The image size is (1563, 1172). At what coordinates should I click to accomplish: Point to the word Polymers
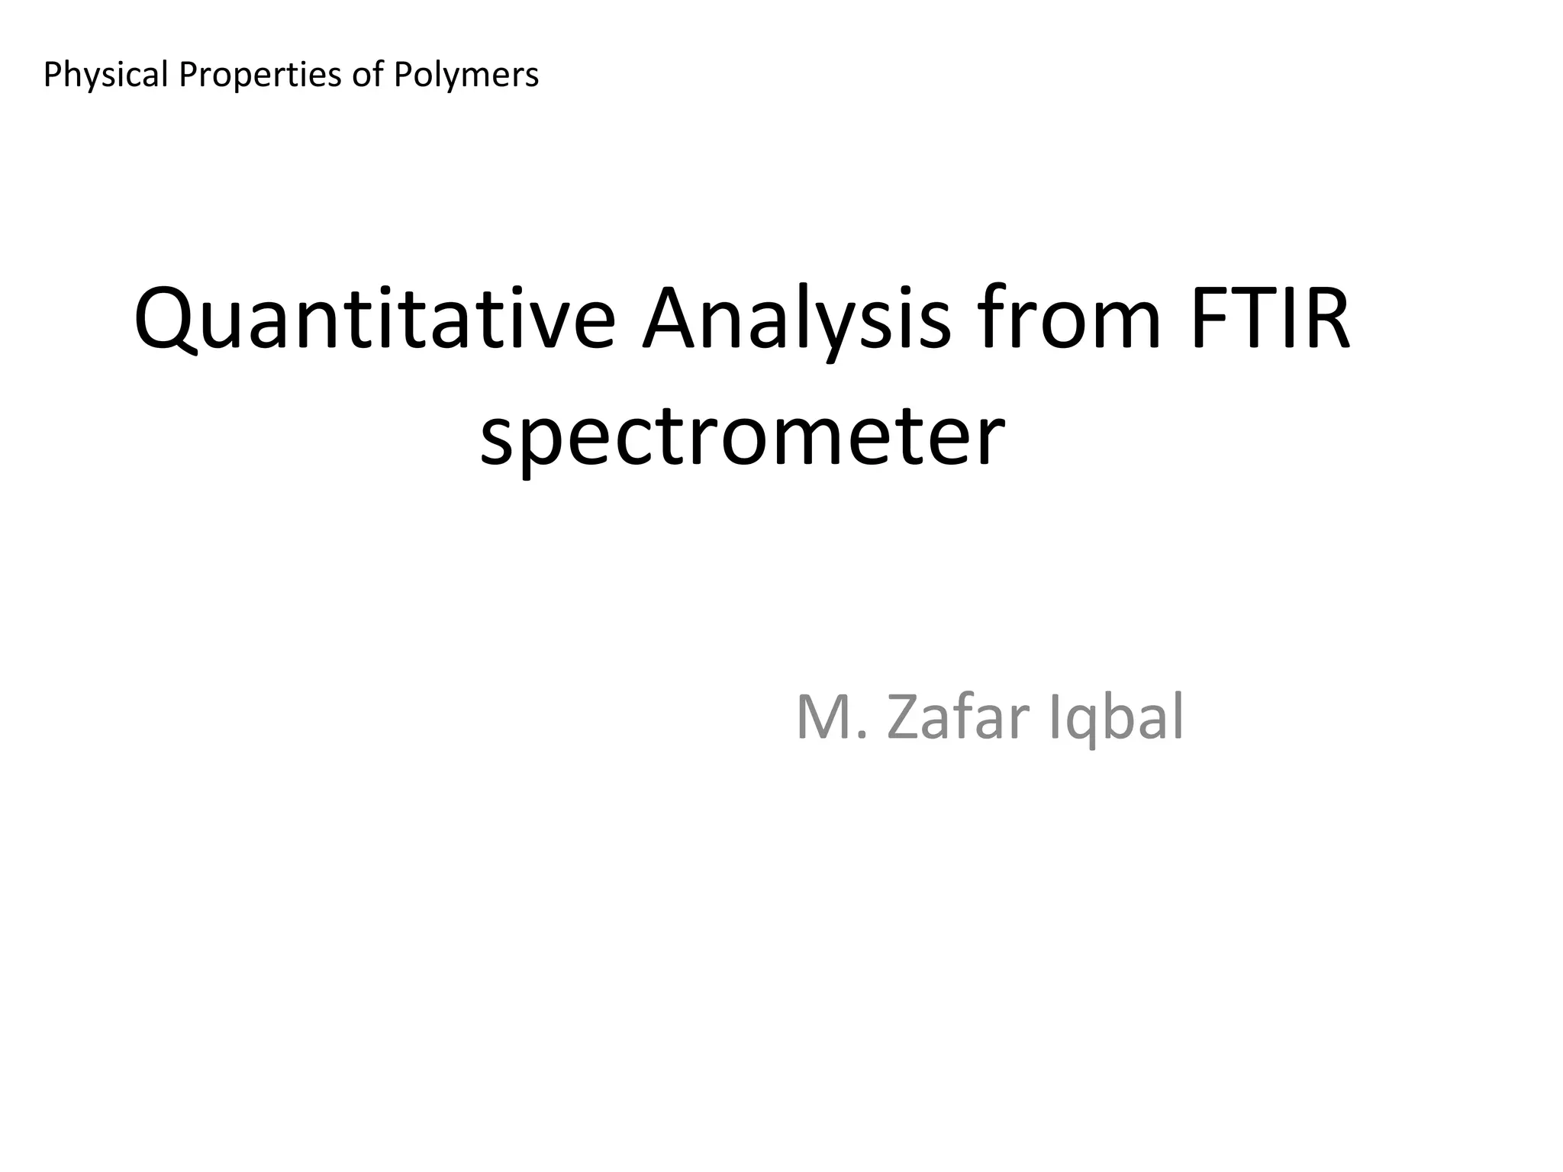(466, 75)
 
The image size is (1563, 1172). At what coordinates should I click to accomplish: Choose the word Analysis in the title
(797, 317)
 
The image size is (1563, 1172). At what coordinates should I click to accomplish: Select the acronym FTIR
(1268, 317)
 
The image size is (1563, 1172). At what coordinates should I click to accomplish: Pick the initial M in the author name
(823, 717)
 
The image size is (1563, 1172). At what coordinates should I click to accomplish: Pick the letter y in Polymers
(446, 78)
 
